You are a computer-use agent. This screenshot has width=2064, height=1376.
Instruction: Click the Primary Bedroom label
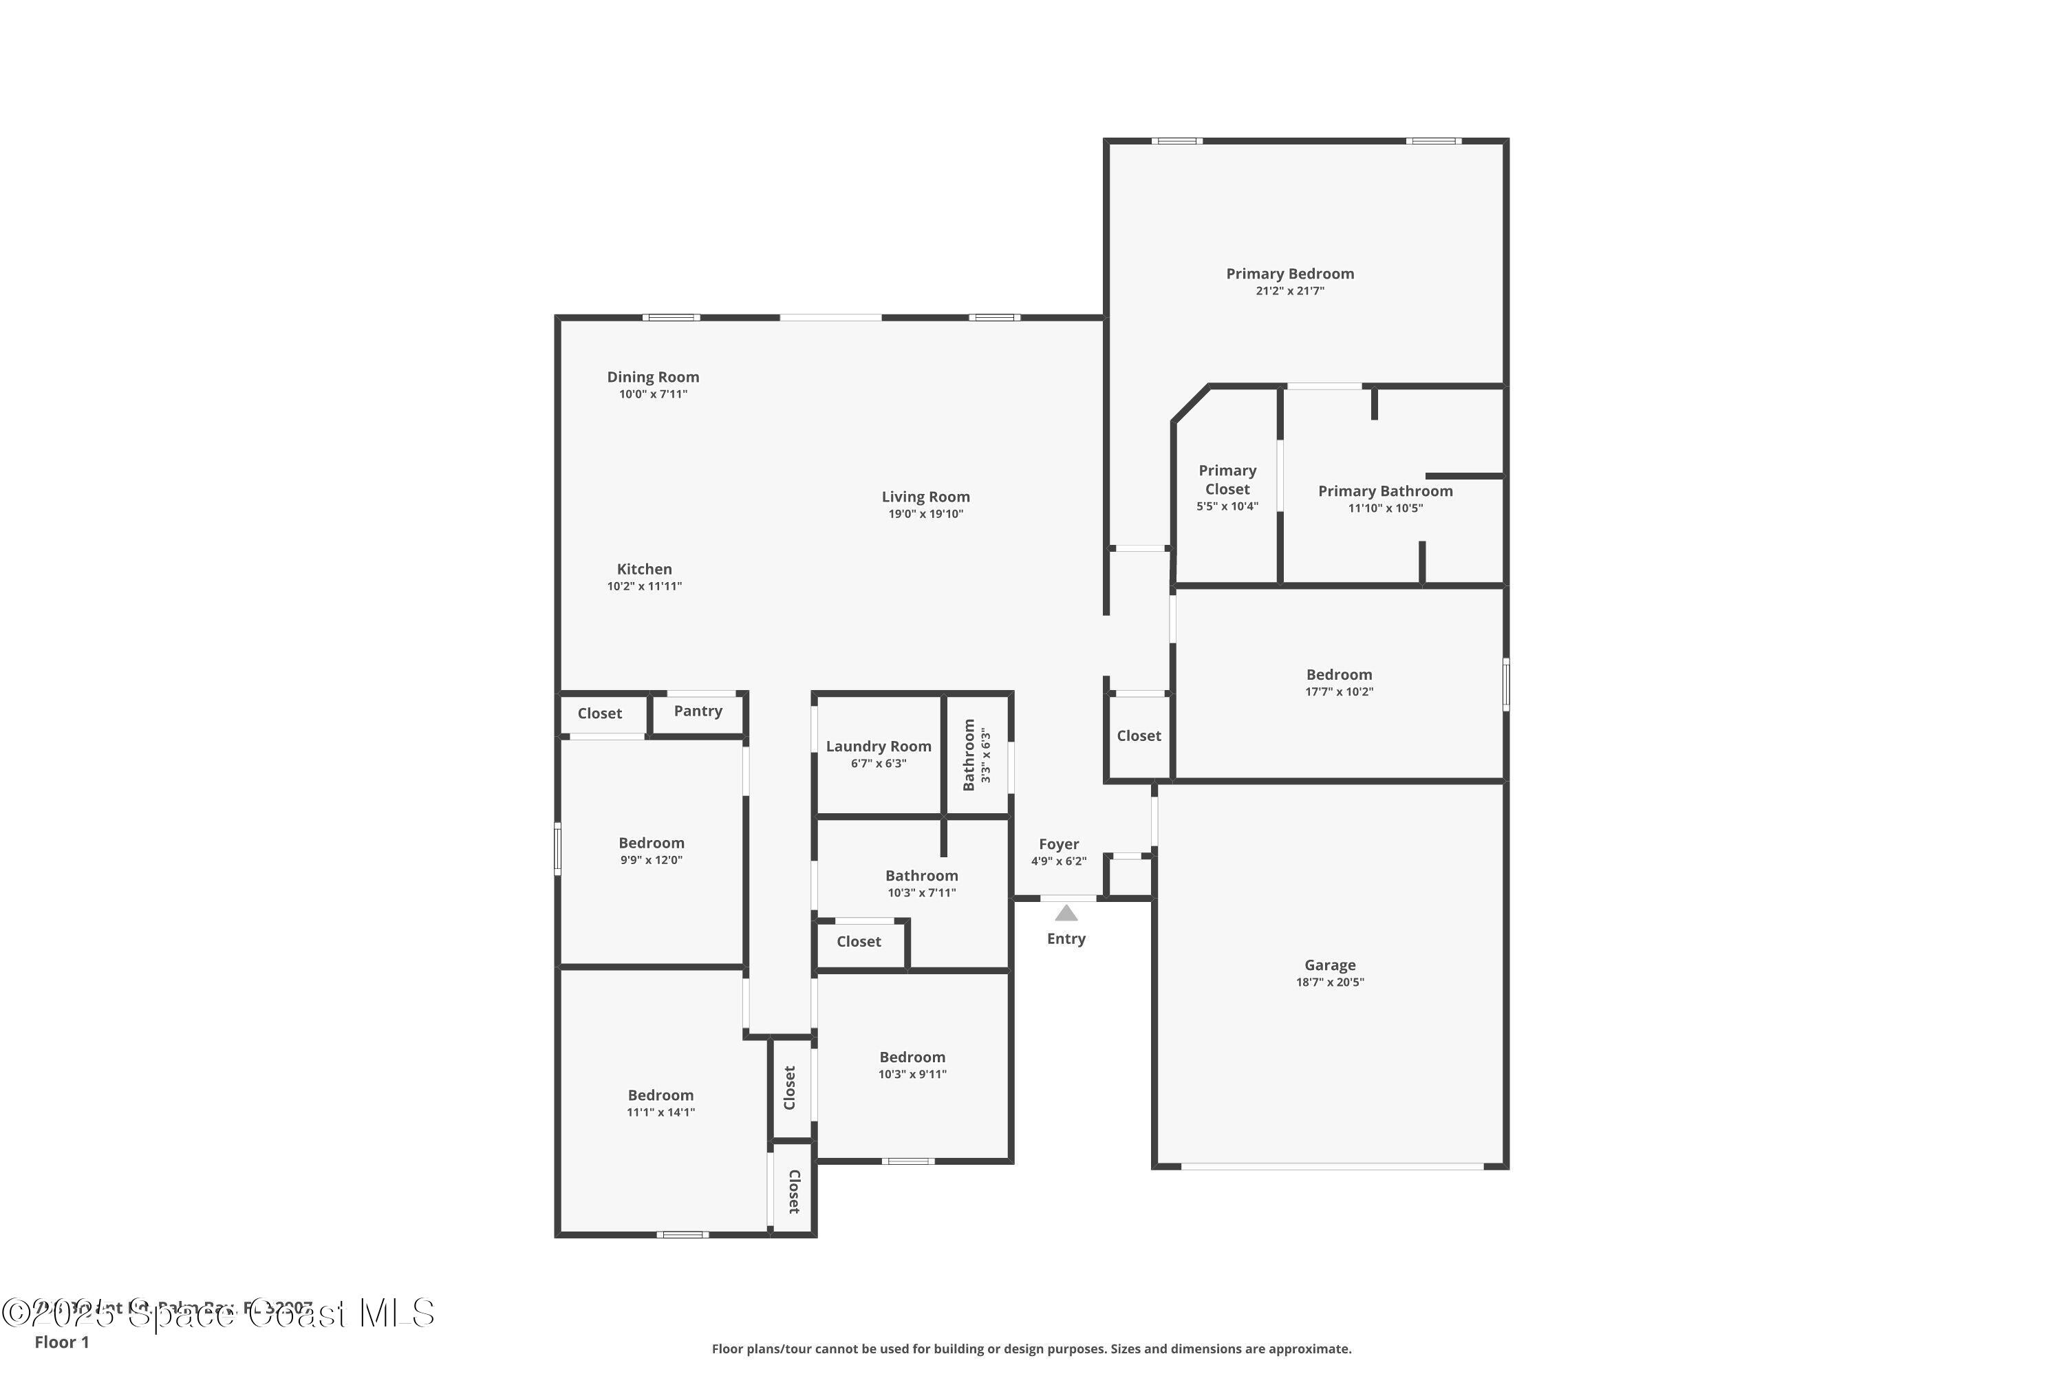tap(1289, 274)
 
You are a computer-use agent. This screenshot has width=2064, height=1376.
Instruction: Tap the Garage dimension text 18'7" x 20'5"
tap(1329, 982)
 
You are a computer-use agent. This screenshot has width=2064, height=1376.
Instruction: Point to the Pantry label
tap(698, 711)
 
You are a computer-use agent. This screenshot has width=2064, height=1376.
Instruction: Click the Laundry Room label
tap(878, 746)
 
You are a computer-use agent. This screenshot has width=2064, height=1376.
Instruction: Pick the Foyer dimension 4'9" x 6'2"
tap(1058, 861)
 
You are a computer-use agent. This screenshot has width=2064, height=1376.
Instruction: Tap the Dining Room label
tap(653, 376)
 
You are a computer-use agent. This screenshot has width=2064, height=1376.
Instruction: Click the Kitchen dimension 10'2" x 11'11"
tap(644, 586)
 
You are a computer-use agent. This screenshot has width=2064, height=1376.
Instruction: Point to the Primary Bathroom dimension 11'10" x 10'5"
tap(1385, 508)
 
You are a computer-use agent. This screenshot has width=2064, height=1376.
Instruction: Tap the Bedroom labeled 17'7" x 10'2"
tap(1338, 675)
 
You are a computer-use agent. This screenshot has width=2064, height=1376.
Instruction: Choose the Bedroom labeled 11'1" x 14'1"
tap(660, 1095)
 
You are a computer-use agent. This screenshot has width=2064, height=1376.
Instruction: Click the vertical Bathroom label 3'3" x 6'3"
tap(969, 755)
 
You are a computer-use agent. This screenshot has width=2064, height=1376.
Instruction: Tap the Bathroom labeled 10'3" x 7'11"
tap(921, 876)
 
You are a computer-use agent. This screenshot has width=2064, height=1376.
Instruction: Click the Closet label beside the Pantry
tap(599, 713)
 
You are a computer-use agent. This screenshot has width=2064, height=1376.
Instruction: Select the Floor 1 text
tap(61, 1342)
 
